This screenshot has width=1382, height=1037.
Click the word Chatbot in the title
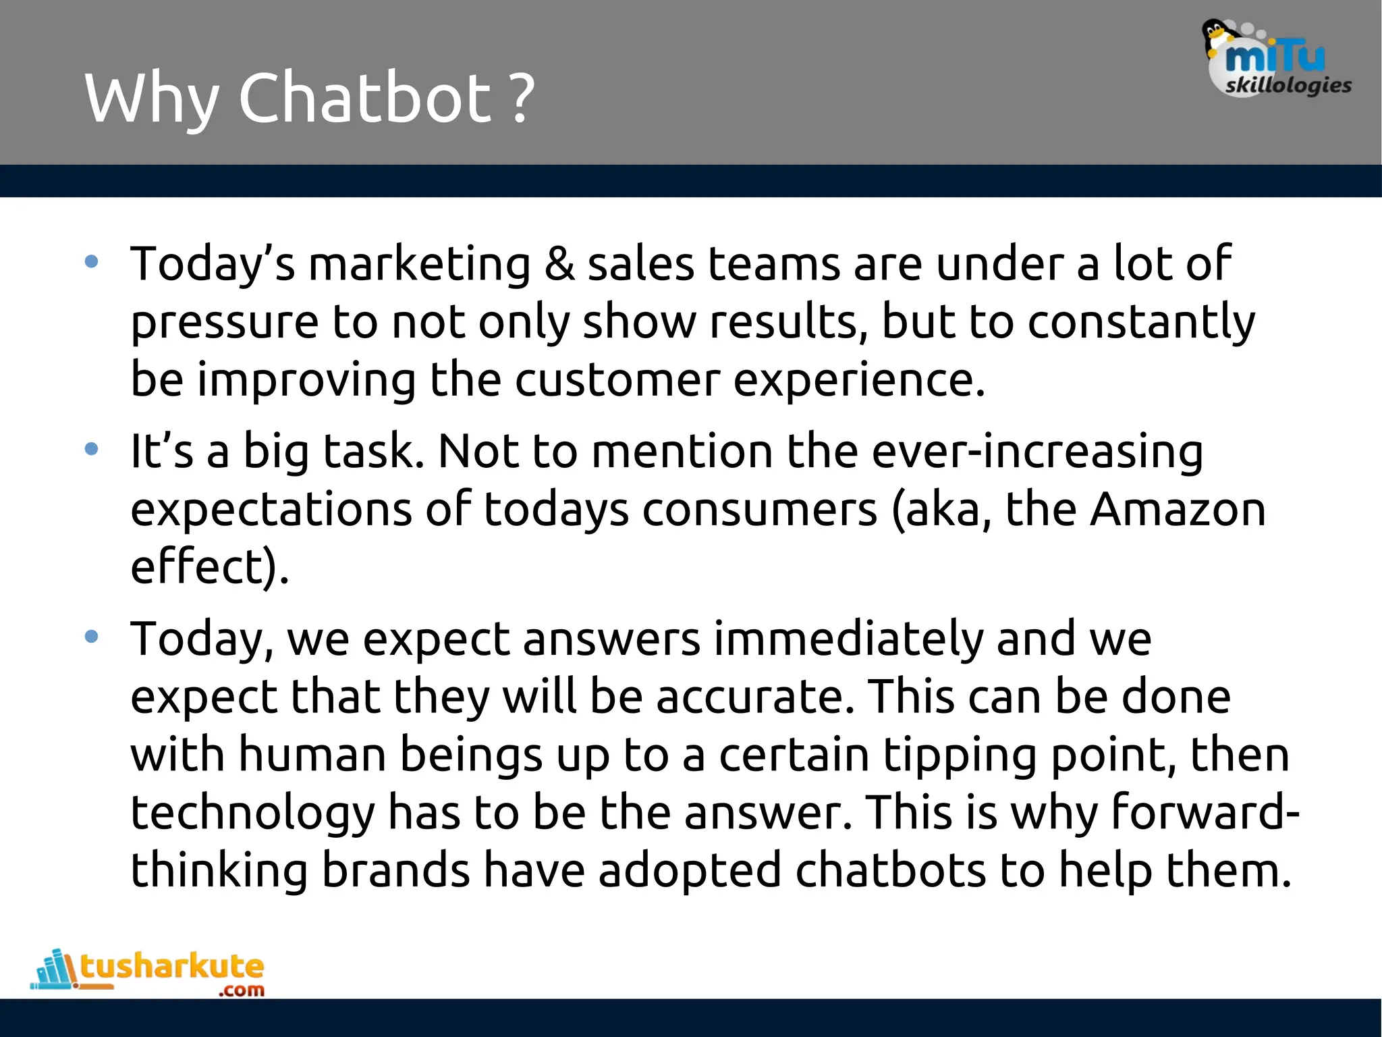(365, 99)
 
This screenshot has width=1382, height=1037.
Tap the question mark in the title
(521, 100)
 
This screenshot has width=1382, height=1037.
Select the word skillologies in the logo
(1288, 86)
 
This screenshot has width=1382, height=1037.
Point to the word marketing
(420, 264)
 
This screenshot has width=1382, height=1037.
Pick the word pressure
(224, 323)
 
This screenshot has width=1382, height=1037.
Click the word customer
(617, 379)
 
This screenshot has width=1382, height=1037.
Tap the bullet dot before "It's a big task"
(92, 448)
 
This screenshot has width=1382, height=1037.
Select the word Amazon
(1178, 509)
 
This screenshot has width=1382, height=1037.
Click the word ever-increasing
(1037, 451)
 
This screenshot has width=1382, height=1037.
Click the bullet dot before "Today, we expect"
(92, 636)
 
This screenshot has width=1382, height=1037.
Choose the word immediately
(848, 639)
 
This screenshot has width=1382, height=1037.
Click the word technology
(252, 814)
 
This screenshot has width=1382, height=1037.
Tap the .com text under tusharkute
(242, 990)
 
